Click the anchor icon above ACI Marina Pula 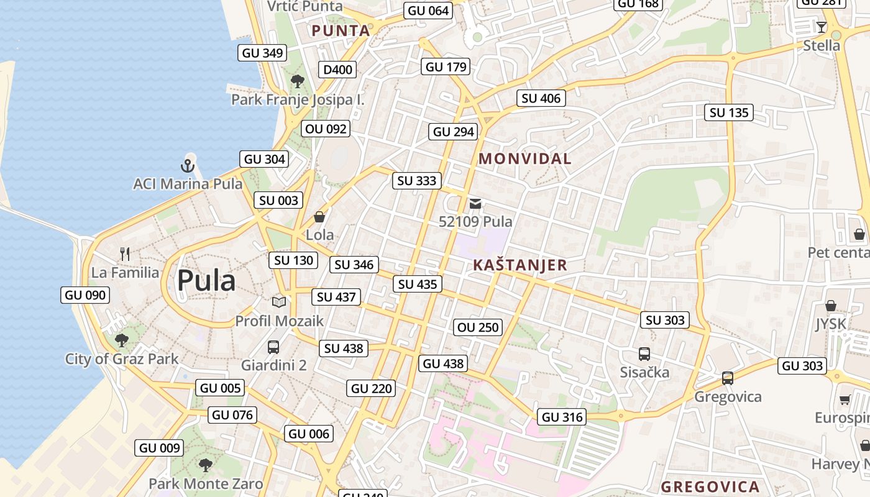[x=188, y=165]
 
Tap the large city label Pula [x=206, y=281]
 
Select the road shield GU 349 [x=263, y=53]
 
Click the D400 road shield [x=337, y=70]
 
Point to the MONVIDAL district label [x=525, y=158]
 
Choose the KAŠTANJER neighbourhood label [x=520, y=265]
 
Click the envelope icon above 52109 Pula [x=475, y=203]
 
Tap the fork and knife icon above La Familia [x=125, y=253]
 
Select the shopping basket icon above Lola [x=319, y=217]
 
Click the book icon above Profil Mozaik [x=279, y=302]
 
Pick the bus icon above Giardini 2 [x=273, y=347]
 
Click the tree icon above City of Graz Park [x=122, y=340]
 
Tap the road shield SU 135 [x=729, y=112]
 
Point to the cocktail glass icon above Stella [x=821, y=27]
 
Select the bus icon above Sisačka [x=644, y=354]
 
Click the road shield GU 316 [x=562, y=417]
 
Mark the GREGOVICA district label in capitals [x=710, y=486]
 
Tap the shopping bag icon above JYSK [x=831, y=306]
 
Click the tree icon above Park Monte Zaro [x=205, y=465]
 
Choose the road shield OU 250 [x=478, y=327]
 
